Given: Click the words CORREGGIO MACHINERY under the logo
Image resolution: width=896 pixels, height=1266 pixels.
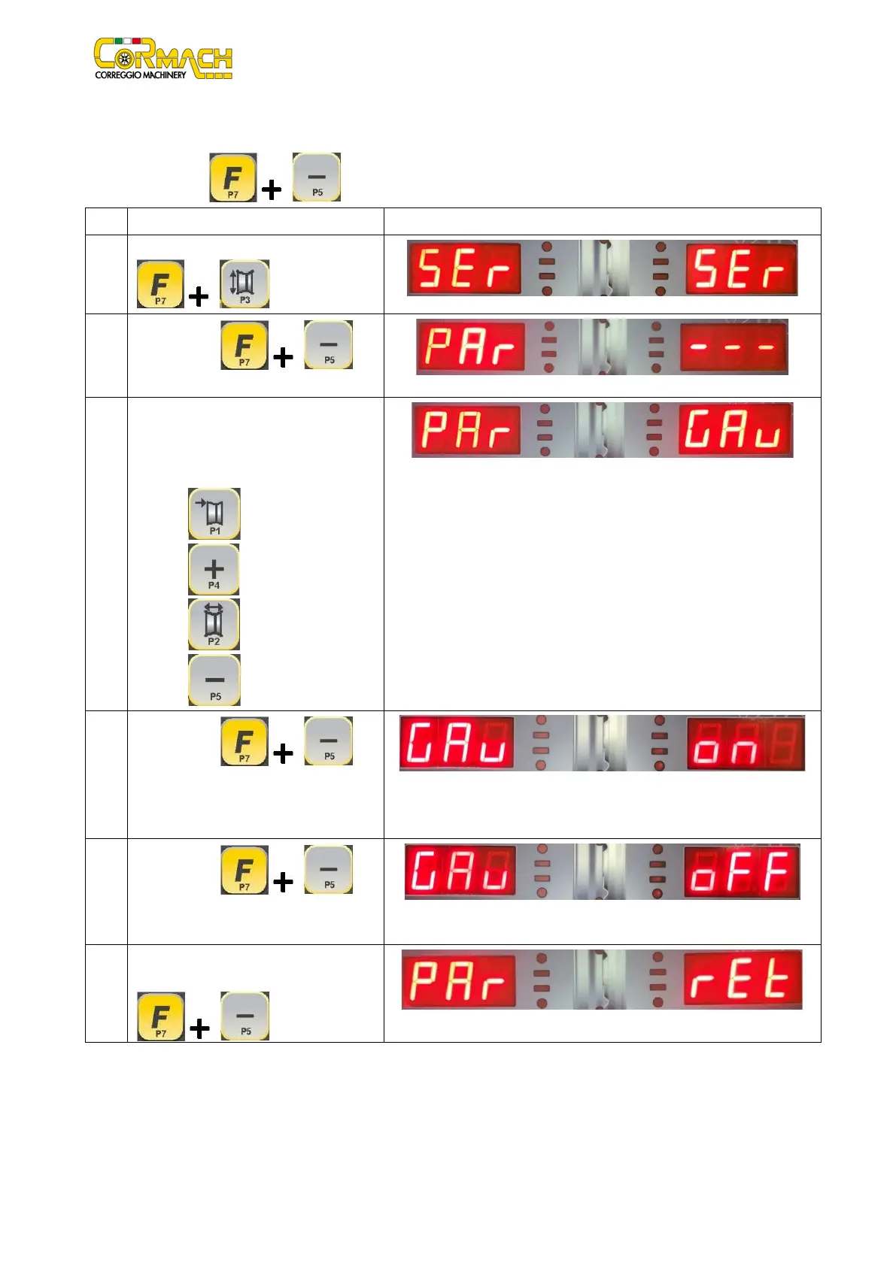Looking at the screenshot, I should tap(140, 75).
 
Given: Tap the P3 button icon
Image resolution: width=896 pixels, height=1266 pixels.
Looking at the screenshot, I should tap(245, 284).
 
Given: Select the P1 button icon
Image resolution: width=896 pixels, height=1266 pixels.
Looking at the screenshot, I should tap(214, 513).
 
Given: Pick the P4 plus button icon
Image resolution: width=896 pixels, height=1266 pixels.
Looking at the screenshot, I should tap(214, 570).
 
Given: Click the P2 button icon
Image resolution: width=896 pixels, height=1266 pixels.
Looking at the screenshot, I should tap(214, 625).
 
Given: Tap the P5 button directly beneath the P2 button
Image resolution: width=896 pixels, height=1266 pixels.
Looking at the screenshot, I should tap(214, 680).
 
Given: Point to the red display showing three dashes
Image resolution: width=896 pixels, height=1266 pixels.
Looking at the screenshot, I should tap(734, 347).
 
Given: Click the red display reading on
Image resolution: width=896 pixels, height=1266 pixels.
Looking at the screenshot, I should tap(745, 743).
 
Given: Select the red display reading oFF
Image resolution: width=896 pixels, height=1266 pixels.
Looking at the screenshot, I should tap(741, 871).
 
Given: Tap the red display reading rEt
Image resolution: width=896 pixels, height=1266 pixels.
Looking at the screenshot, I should tap(743, 980).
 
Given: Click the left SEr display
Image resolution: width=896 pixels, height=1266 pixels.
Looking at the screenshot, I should tap(464, 268).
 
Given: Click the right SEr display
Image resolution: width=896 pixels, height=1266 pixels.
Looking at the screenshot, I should tap(741, 268).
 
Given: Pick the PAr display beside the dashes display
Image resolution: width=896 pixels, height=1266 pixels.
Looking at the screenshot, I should tap(470, 347).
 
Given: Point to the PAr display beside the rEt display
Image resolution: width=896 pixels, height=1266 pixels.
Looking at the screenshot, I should tap(459, 980).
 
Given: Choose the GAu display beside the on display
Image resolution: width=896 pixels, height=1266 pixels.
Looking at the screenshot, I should tap(457, 743).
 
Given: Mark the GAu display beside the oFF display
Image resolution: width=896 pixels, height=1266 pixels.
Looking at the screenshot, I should tap(460, 871).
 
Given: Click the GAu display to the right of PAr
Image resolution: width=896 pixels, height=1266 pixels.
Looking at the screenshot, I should tap(735, 430).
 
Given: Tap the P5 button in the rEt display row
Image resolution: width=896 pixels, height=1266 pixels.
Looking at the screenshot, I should tap(245, 1016).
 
